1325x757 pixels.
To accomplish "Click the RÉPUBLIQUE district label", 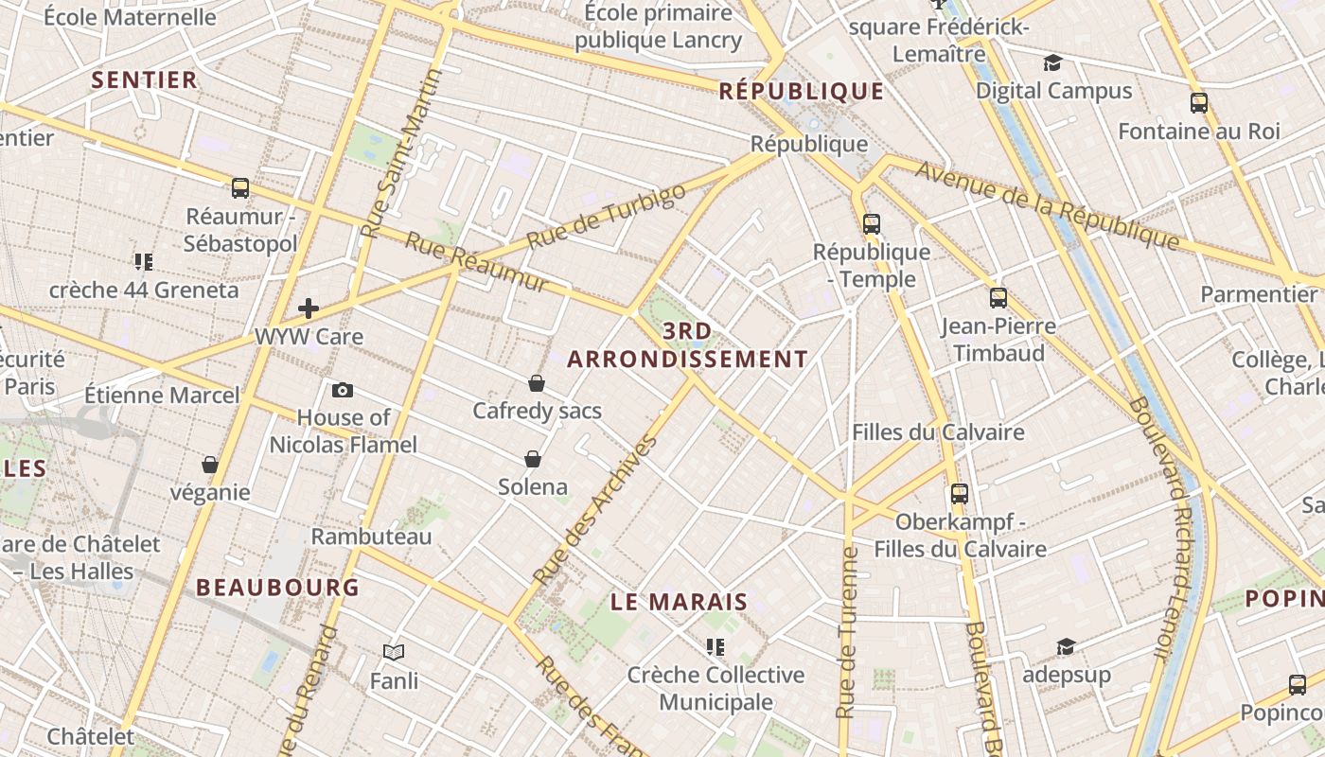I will (x=802, y=91).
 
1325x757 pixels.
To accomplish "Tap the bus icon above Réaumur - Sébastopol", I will (x=240, y=188).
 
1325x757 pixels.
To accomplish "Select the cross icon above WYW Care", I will (x=309, y=308).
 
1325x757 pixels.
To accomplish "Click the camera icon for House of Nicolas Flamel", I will (x=343, y=390).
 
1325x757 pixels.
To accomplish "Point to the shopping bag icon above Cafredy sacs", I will (x=537, y=383).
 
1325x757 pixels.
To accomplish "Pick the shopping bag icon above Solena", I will (x=533, y=459).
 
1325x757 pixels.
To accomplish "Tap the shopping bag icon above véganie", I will (x=210, y=465).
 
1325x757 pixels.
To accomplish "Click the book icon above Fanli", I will (x=394, y=652).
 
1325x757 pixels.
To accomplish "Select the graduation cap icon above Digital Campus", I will (x=1052, y=63).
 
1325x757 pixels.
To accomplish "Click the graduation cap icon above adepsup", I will (x=1067, y=647).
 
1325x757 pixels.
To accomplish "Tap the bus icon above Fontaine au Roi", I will (x=1199, y=103).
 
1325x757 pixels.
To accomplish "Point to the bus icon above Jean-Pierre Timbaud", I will (x=998, y=298).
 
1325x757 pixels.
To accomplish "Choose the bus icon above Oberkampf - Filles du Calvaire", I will (x=960, y=494).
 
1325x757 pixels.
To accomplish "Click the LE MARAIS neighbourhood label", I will (x=679, y=602).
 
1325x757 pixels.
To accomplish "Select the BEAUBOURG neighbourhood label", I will (x=277, y=587).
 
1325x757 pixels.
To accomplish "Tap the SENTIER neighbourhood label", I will (x=145, y=79).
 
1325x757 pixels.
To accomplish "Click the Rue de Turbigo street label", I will (x=605, y=217).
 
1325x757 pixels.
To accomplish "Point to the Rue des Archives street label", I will (x=595, y=510).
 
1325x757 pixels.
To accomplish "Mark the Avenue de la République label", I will (x=1049, y=206).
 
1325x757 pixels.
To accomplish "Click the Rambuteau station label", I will (x=371, y=537).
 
